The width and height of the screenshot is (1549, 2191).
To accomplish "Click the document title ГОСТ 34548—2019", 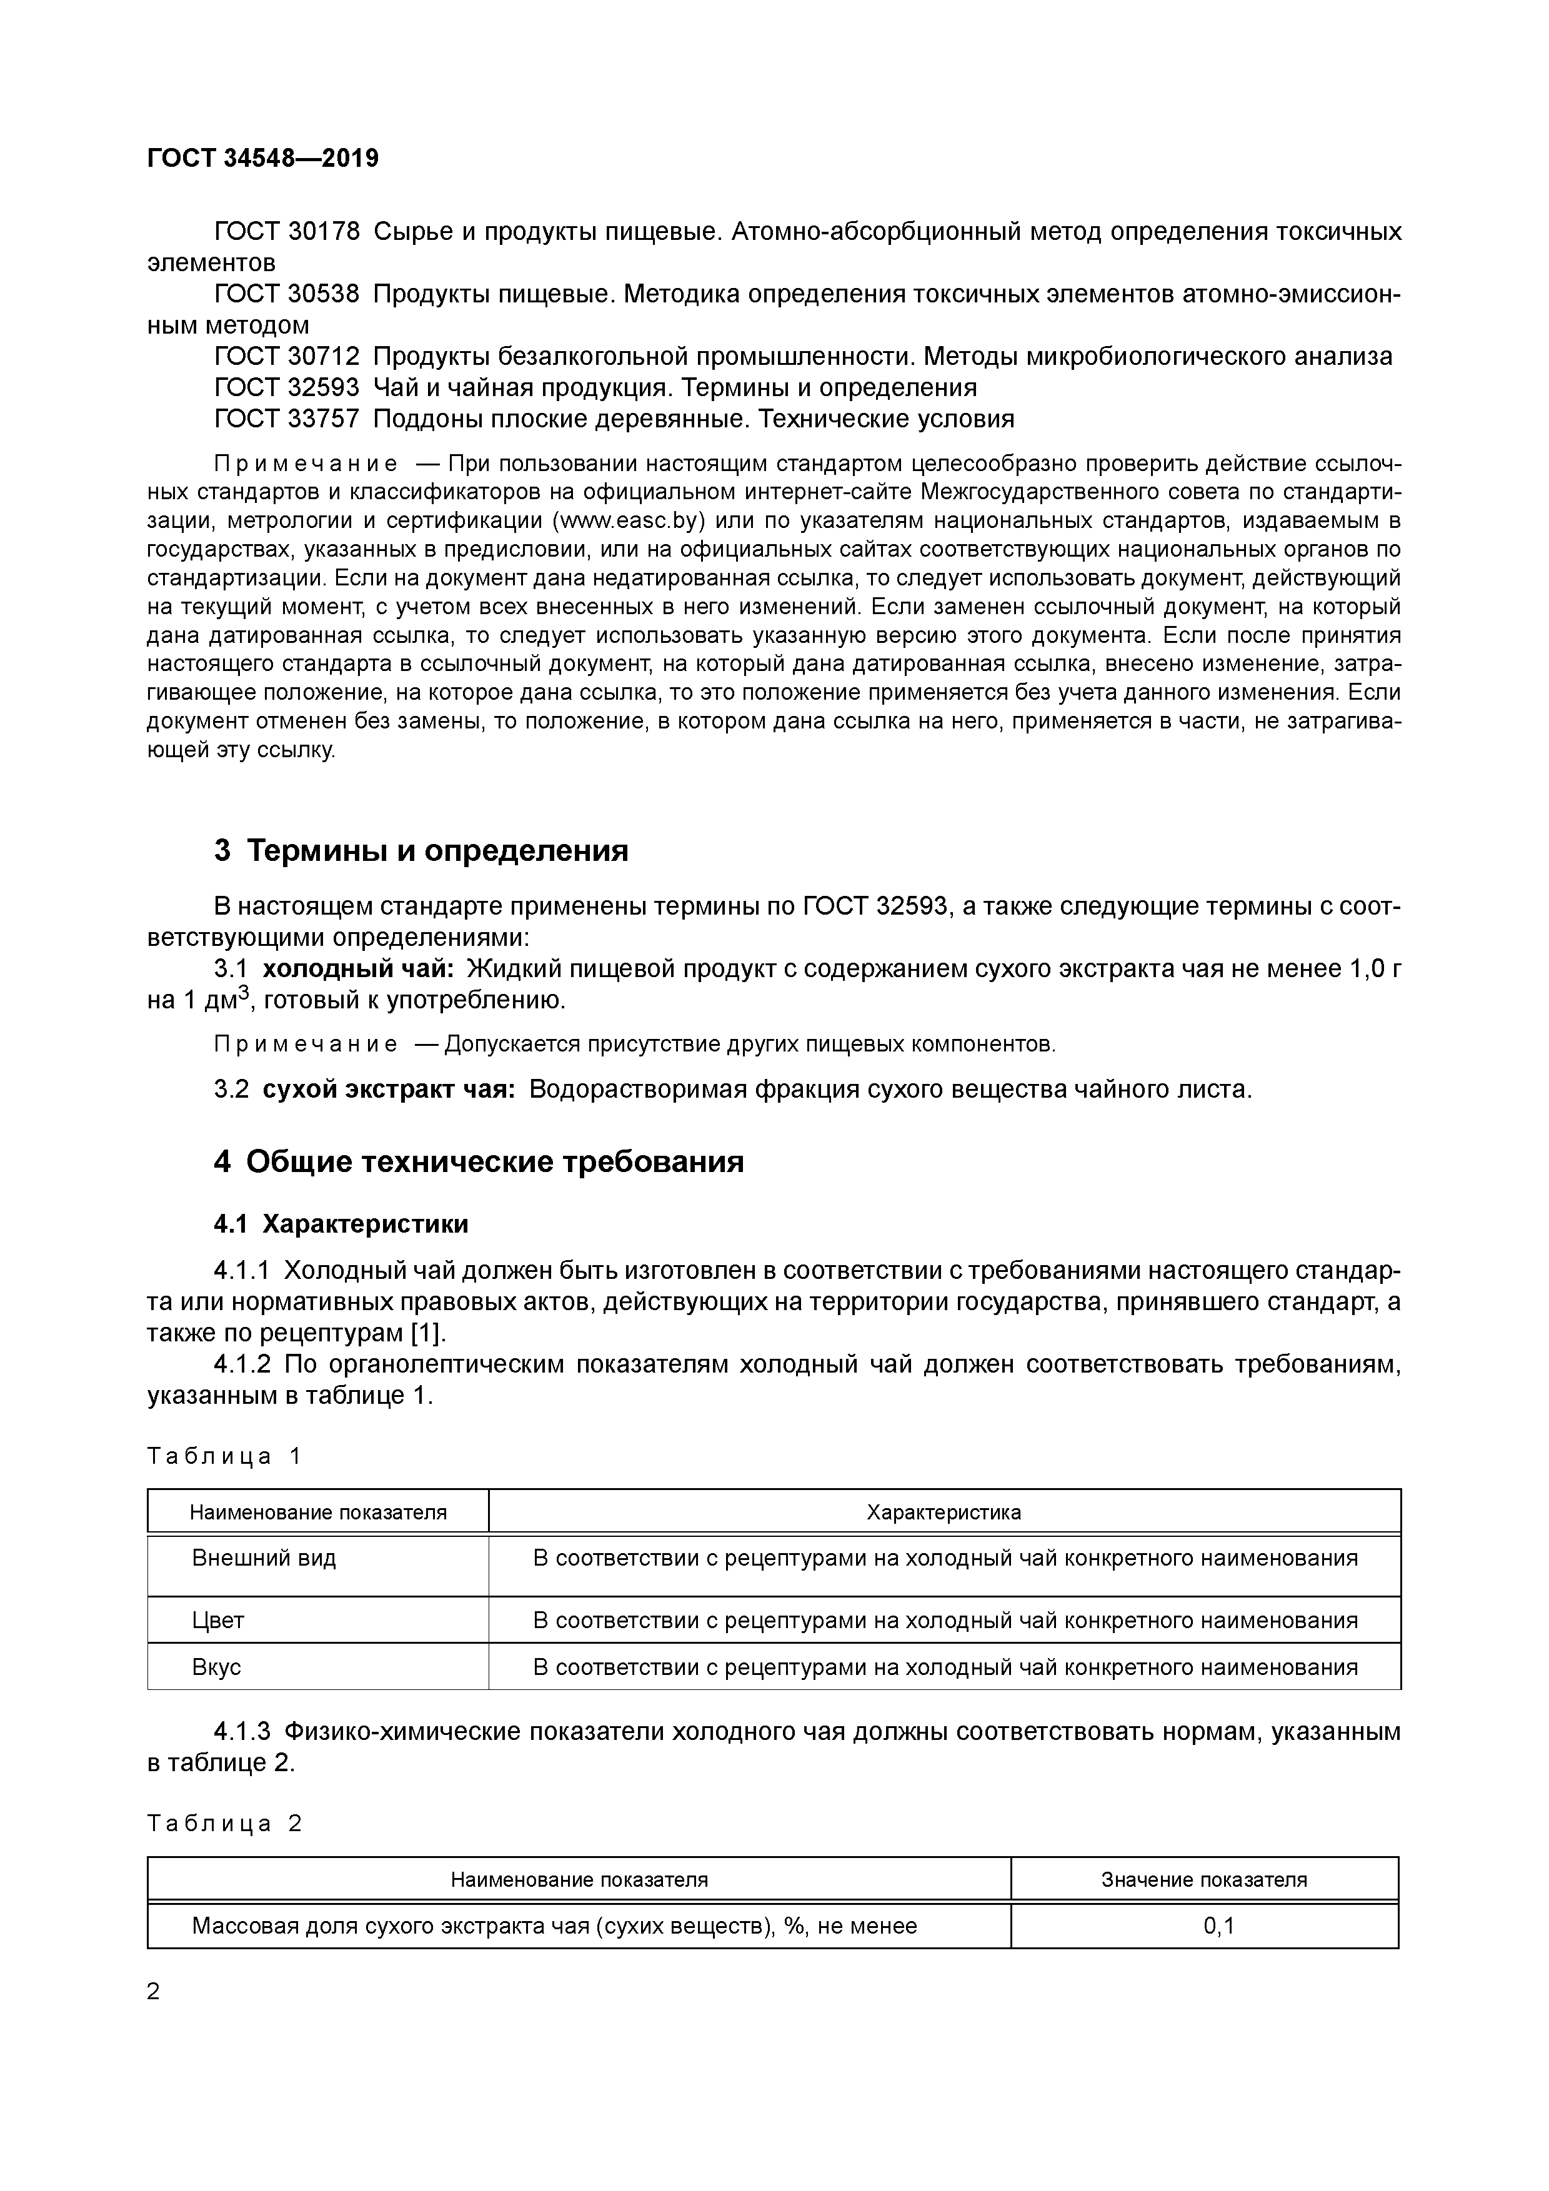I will pyautogui.click(x=264, y=159).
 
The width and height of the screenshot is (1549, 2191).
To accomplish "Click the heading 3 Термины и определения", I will pyautogui.click(x=421, y=850).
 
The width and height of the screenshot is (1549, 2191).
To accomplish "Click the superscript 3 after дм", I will pyautogui.click(x=244, y=993).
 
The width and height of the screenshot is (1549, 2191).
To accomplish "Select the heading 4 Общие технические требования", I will pyautogui.click(x=478, y=1161).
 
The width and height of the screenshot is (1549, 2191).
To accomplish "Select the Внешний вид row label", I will pyautogui.click(x=264, y=1559).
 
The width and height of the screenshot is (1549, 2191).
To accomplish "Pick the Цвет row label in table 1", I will pyautogui.click(x=219, y=1621).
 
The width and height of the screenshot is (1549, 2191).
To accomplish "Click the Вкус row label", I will pyautogui.click(x=217, y=1667).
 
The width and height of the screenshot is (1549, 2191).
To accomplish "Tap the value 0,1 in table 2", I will pyautogui.click(x=1219, y=1925).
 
